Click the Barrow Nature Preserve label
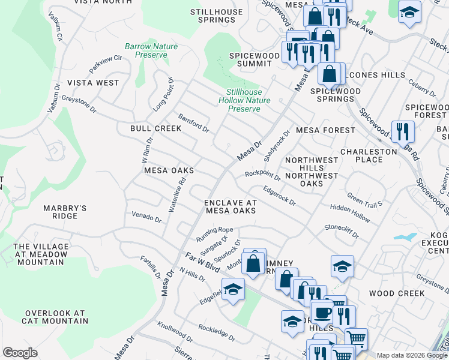[146, 50]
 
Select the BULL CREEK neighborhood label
[155, 128]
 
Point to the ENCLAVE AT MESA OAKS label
[231, 206]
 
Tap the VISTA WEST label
[93, 82]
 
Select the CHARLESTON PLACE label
[369, 155]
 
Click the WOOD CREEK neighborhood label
[397, 293]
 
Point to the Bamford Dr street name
[193, 122]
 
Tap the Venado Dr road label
[146, 217]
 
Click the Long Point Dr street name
[163, 94]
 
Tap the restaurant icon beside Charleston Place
[403, 131]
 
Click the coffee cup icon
[322, 313]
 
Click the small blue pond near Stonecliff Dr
[406, 236]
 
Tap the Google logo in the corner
[20, 353]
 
